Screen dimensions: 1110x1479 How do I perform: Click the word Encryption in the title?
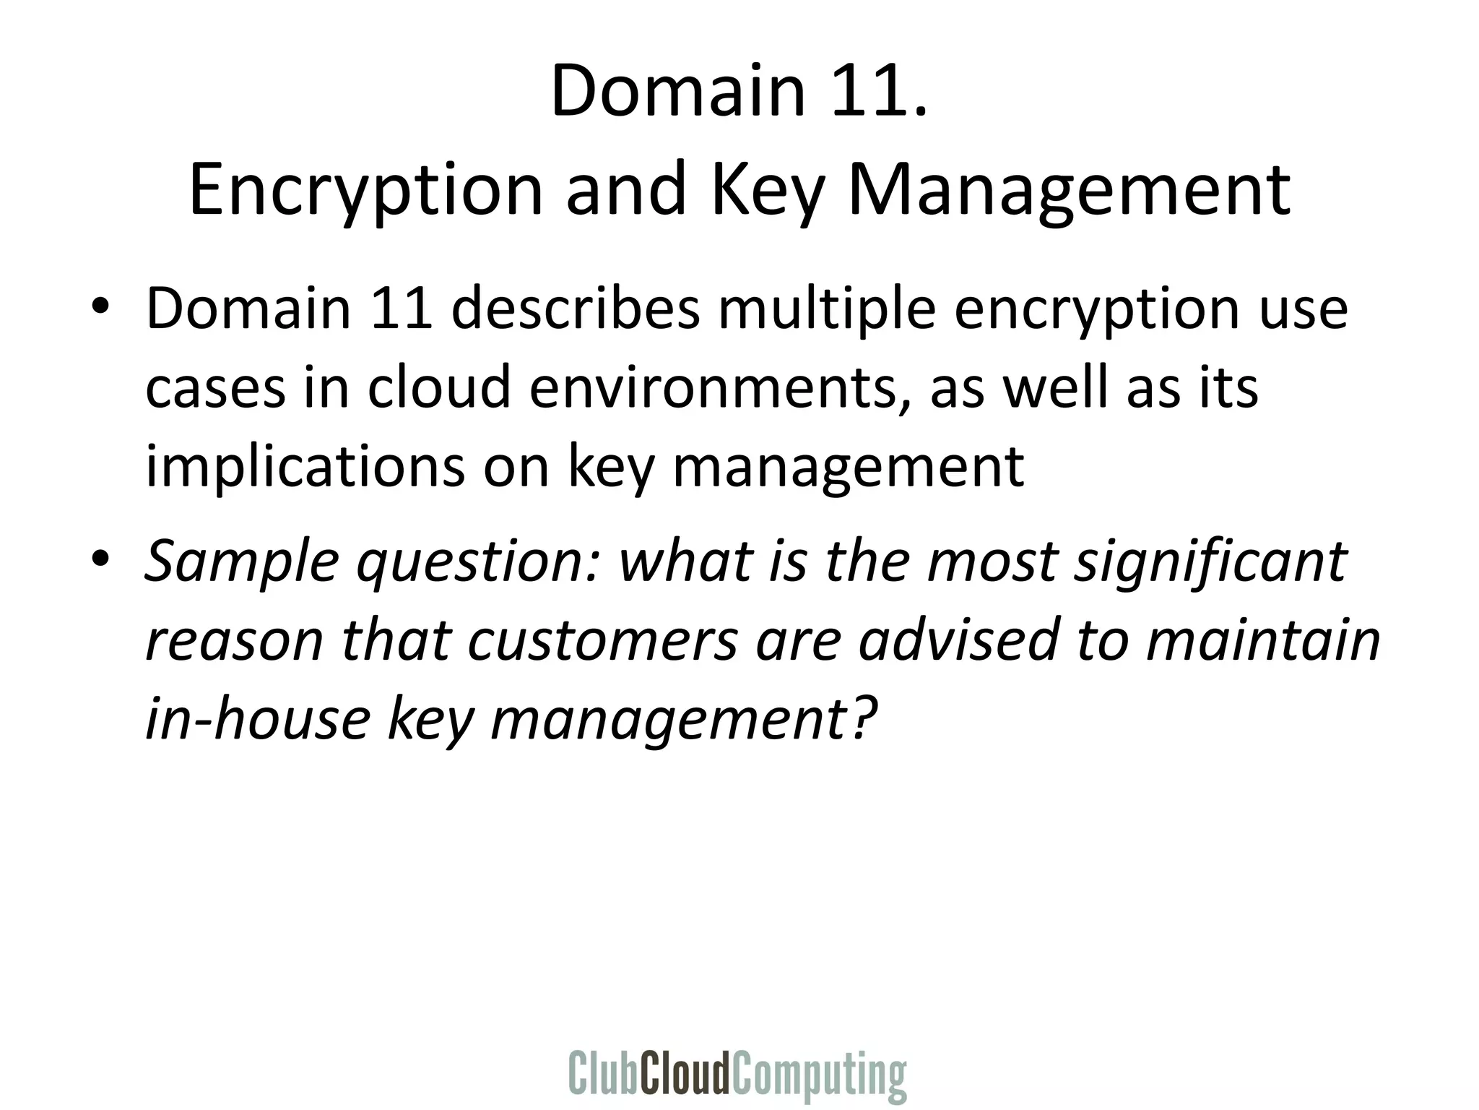point(365,189)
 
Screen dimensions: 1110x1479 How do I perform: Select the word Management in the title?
point(1069,189)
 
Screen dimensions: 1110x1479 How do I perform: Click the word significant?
point(1210,562)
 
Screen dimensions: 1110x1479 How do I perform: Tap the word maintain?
point(1263,640)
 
